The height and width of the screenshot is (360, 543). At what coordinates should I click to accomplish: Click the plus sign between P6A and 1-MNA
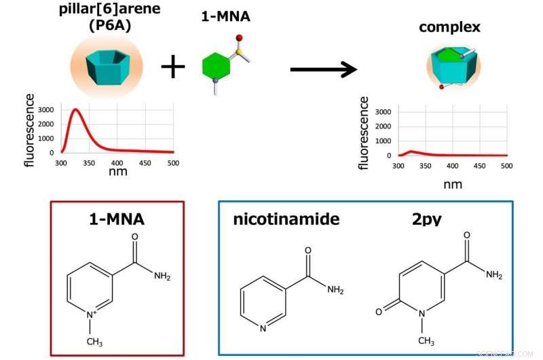coord(173,67)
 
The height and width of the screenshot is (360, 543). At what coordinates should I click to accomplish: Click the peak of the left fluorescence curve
coord(76,109)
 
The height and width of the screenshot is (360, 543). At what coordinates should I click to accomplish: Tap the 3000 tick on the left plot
coord(45,109)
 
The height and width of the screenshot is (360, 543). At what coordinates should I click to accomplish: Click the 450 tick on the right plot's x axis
coord(479,166)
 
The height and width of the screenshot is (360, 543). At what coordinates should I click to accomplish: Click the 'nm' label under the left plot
coord(117,172)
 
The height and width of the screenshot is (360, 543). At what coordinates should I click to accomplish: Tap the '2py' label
coord(427,219)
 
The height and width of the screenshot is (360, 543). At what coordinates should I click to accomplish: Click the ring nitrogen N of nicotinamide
coord(263,329)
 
